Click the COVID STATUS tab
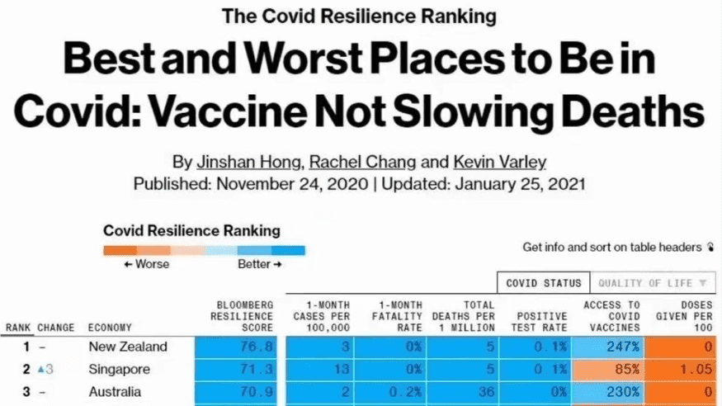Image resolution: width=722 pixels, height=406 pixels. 544,283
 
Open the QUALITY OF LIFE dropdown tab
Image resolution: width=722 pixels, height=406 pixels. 653,283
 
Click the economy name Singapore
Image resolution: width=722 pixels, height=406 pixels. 120,369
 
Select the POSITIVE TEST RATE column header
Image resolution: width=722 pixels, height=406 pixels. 541,322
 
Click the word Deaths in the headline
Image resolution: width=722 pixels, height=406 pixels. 614,111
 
